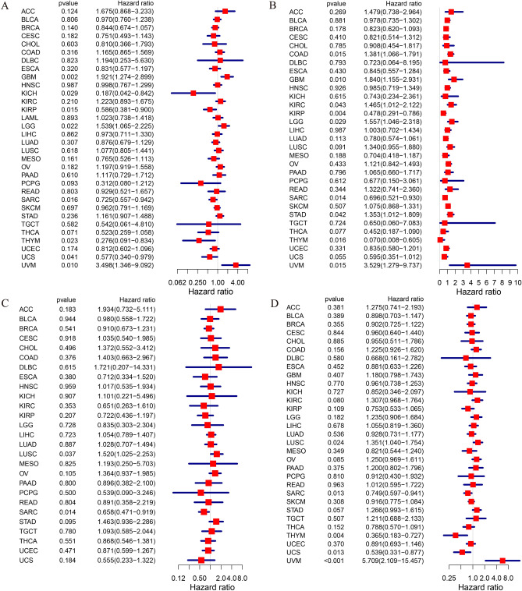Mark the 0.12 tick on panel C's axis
pyautogui.click(x=179, y=557)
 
